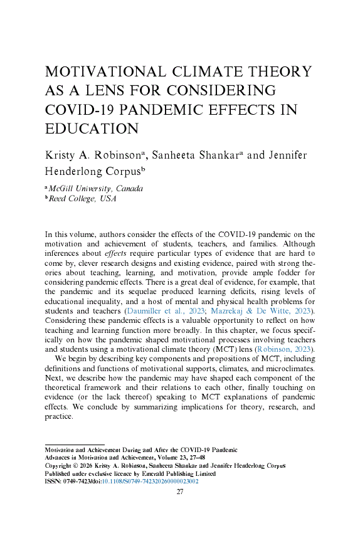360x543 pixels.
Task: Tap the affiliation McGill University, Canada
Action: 96,189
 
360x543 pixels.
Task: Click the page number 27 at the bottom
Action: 180,492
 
